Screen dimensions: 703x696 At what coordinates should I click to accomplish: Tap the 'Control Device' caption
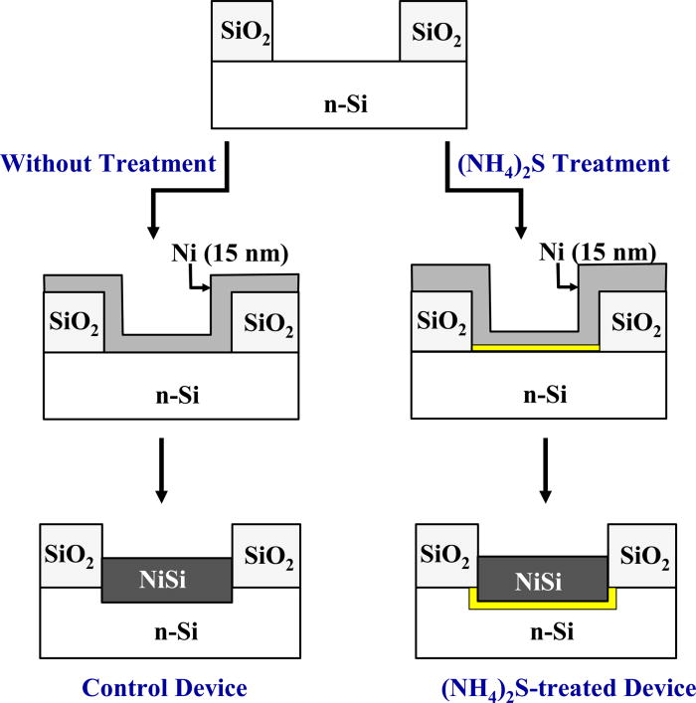(164, 687)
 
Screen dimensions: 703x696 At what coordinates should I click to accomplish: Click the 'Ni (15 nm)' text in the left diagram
(230, 255)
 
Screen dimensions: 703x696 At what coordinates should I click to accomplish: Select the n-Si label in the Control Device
(166, 629)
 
